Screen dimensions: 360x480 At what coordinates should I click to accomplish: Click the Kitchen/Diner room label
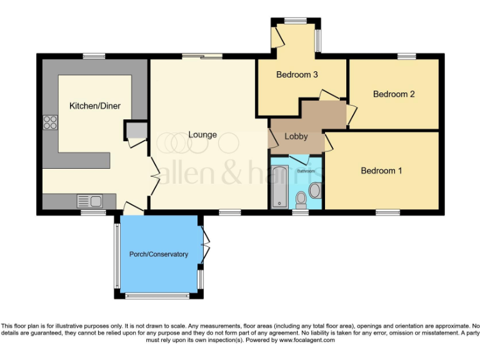click(95, 106)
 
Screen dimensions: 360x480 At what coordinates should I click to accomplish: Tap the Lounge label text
click(203, 134)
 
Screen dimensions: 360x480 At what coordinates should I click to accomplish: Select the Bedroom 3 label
click(297, 75)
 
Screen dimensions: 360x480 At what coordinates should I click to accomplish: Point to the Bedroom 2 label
click(394, 94)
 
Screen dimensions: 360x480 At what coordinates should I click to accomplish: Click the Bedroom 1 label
click(381, 171)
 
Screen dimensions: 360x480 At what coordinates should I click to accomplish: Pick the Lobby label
click(296, 136)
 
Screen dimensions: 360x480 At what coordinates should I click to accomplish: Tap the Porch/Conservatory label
click(158, 254)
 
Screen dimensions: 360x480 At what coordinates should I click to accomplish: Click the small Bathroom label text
click(306, 171)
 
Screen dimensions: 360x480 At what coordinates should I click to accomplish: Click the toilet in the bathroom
click(301, 199)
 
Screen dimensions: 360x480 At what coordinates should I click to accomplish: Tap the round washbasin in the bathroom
click(314, 190)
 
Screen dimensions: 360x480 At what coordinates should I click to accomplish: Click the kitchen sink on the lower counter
click(89, 201)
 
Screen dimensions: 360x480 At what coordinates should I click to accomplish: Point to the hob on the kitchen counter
click(50, 122)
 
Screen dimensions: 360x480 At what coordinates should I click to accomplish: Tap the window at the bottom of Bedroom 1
click(387, 212)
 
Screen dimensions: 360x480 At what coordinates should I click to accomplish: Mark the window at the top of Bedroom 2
click(407, 56)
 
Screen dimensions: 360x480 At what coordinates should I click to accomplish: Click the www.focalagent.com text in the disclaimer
click(307, 340)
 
